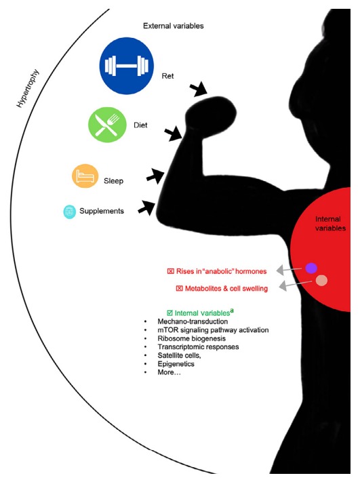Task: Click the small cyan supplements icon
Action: point(68,212)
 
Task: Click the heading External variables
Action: point(173,26)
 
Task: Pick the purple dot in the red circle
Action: point(311,268)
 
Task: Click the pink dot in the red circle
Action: point(322,281)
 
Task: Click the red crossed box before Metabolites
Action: point(179,289)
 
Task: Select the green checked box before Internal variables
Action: point(169,313)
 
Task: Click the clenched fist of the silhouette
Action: point(210,109)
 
